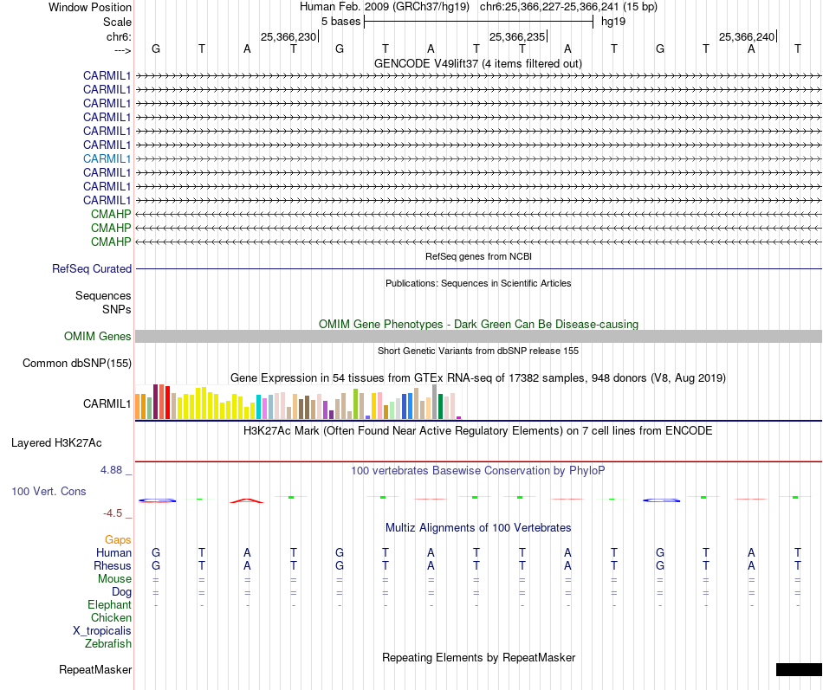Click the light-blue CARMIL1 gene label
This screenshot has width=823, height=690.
coord(107,158)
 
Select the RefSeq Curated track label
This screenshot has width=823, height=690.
coord(92,269)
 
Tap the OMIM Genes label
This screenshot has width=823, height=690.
coord(98,336)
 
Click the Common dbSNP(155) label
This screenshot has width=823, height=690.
coord(76,363)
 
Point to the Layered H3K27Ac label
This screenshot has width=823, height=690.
coord(56,442)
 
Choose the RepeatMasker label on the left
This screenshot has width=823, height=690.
coord(95,669)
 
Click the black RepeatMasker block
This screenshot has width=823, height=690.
coord(798,669)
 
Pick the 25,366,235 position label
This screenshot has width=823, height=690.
coord(517,36)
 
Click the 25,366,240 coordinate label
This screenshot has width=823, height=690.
coord(747,36)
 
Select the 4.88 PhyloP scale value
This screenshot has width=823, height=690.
coord(113,470)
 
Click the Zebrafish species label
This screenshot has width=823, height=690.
coord(108,643)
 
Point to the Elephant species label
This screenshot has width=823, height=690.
coord(109,604)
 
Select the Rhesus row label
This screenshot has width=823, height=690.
coord(113,565)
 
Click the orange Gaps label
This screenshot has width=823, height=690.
coord(118,539)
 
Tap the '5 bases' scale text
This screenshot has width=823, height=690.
coord(338,21)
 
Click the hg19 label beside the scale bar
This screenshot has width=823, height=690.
coord(613,21)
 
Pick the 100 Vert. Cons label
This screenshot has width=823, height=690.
coord(49,491)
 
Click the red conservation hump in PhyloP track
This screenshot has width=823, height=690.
coord(247,500)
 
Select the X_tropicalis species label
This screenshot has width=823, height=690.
coord(102,630)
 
